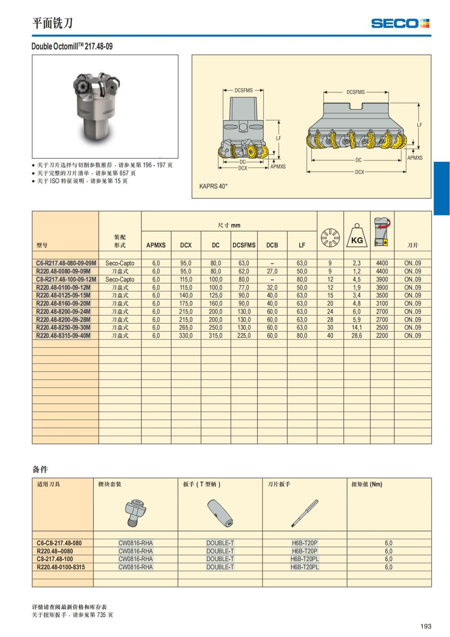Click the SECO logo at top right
click(x=400, y=23)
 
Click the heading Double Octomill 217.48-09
click(x=72, y=47)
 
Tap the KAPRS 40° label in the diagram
click(x=213, y=186)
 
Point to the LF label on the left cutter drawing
click(x=278, y=138)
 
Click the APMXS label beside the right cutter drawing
click(x=415, y=158)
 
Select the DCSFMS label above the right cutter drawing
click(x=355, y=92)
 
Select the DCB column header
click(x=272, y=245)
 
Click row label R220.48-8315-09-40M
click(x=63, y=336)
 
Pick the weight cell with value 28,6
click(x=357, y=336)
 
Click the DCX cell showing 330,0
click(x=186, y=336)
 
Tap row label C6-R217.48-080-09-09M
click(x=66, y=263)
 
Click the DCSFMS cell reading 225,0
click(x=244, y=336)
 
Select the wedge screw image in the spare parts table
click(x=135, y=512)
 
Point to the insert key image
click(x=304, y=513)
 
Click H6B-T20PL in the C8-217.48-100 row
click(x=304, y=559)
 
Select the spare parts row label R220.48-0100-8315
click(x=61, y=567)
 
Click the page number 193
click(x=426, y=626)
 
